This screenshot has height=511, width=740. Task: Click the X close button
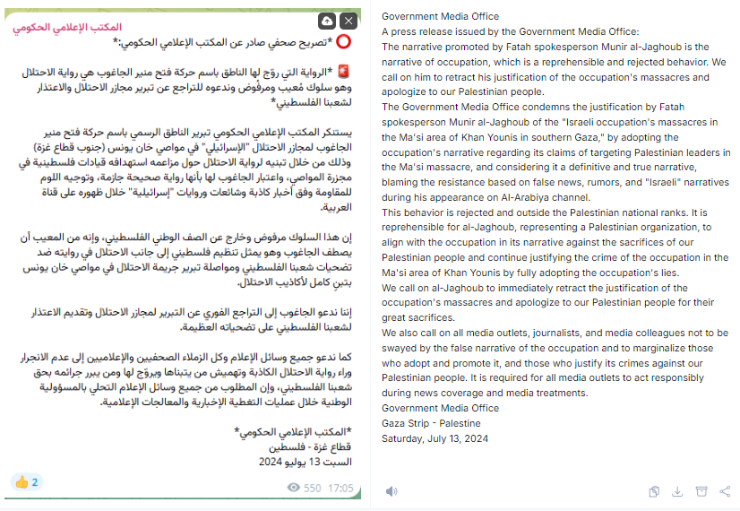[x=349, y=21]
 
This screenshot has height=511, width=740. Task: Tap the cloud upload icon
[x=327, y=21]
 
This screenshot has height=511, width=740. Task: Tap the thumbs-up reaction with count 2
[x=26, y=481]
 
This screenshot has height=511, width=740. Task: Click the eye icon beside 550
[x=292, y=488]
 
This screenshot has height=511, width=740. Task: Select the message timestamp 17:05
[x=340, y=488]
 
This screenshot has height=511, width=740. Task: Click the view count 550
[x=312, y=488]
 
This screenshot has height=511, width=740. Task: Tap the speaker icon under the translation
[x=392, y=491]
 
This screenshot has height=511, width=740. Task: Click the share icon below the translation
[x=724, y=491]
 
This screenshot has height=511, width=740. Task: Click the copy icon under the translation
[x=654, y=491]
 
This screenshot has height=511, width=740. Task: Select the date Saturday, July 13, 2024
[x=435, y=438]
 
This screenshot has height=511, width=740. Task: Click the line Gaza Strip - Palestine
[x=430, y=423]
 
